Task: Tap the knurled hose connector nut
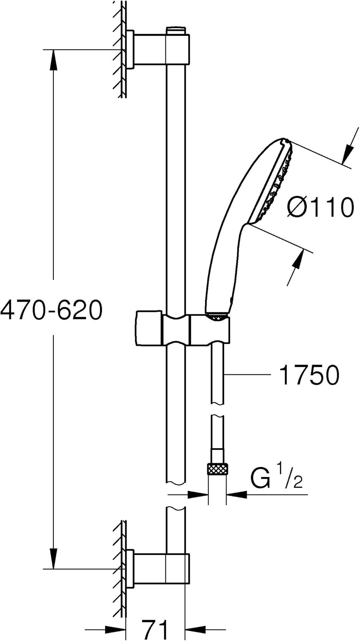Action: pyautogui.click(x=218, y=469)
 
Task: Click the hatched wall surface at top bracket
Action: pyautogui.click(x=120, y=49)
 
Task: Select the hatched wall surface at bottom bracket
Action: pyautogui.click(x=120, y=568)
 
